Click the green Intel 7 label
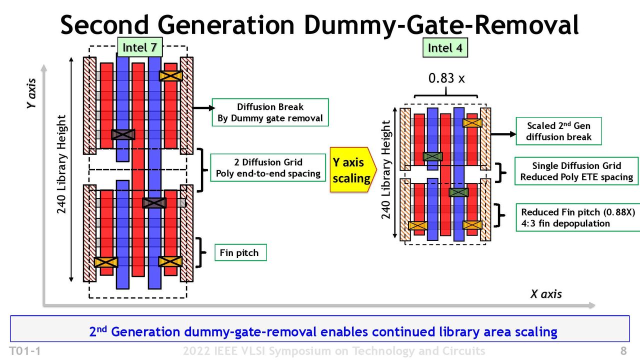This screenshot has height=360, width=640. point(139,47)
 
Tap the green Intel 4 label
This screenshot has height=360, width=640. point(445,47)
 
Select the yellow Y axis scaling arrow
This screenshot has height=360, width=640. point(353,169)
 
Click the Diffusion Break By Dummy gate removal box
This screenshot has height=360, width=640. point(270,112)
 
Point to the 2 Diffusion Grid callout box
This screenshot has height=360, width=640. point(268,167)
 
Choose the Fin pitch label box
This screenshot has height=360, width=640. point(240,252)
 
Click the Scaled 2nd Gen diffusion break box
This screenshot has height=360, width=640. point(559,131)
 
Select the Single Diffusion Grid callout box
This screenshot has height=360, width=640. point(576,171)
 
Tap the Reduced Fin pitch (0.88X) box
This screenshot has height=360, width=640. point(578,217)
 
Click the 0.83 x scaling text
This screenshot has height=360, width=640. point(446,78)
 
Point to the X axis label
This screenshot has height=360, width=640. point(546,294)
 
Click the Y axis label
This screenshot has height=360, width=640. point(31,93)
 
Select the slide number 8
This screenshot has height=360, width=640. point(623,350)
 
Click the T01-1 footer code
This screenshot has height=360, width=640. point(25,351)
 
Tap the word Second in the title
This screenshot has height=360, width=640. point(104,25)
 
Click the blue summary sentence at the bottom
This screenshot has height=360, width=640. point(323,331)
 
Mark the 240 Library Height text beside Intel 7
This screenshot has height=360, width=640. point(61,164)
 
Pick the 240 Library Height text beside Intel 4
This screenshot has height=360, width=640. point(385,169)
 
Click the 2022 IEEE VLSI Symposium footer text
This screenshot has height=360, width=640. point(334,351)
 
